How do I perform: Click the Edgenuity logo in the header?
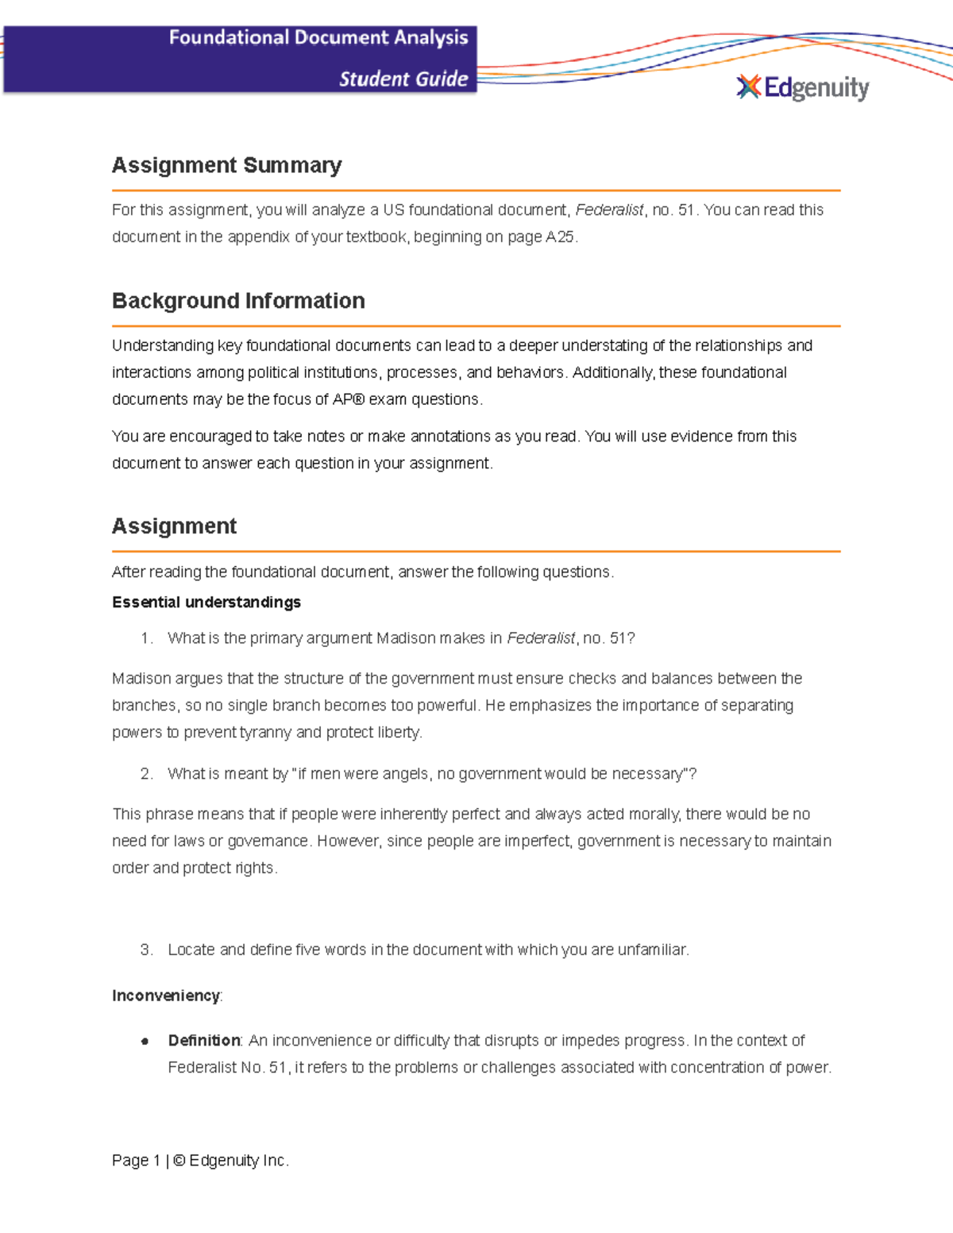(x=803, y=87)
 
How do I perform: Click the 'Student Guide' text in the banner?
(x=403, y=79)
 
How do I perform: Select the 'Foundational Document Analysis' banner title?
(x=318, y=38)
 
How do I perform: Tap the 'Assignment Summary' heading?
(x=226, y=165)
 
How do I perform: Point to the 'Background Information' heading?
(x=238, y=301)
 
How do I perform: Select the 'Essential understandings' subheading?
(x=206, y=603)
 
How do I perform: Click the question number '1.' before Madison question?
(x=146, y=638)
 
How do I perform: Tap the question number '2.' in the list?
(x=146, y=774)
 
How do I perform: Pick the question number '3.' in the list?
(x=146, y=950)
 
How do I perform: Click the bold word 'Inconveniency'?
(x=166, y=996)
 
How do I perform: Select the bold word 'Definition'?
(x=204, y=1041)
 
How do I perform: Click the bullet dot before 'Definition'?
(x=145, y=1042)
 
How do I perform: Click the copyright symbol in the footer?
(x=179, y=1161)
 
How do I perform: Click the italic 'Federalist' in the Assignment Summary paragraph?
(x=609, y=210)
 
